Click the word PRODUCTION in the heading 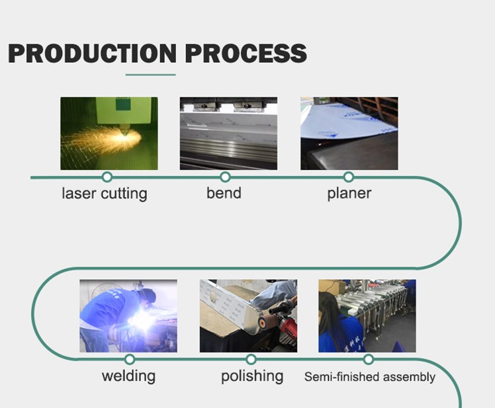click(92, 53)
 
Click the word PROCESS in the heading click(246, 53)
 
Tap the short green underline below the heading click(151, 75)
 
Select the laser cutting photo click(109, 134)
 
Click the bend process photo click(228, 134)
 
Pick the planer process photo click(349, 134)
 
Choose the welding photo click(128, 316)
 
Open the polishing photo click(248, 316)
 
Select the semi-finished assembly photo click(367, 316)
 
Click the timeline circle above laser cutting click(107, 177)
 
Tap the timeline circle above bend click(225, 177)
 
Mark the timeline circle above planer click(349, 177)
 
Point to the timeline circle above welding click(130, 359)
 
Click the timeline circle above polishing click(251, 359)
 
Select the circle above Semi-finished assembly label click(369, 359)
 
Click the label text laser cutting click(105, 194)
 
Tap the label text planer click(349, 194)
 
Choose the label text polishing click(252, 376)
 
